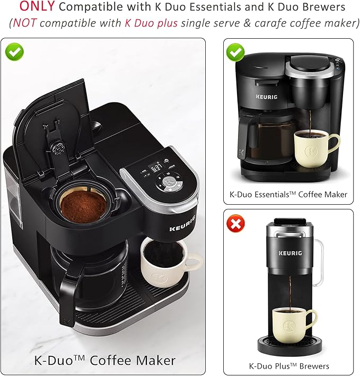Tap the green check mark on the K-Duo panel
pos(14,51)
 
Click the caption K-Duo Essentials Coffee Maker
pos(289,195)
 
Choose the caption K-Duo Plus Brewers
pos(289,366)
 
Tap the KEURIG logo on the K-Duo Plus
pos(291,240)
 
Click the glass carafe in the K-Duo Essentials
pos(268,138)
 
